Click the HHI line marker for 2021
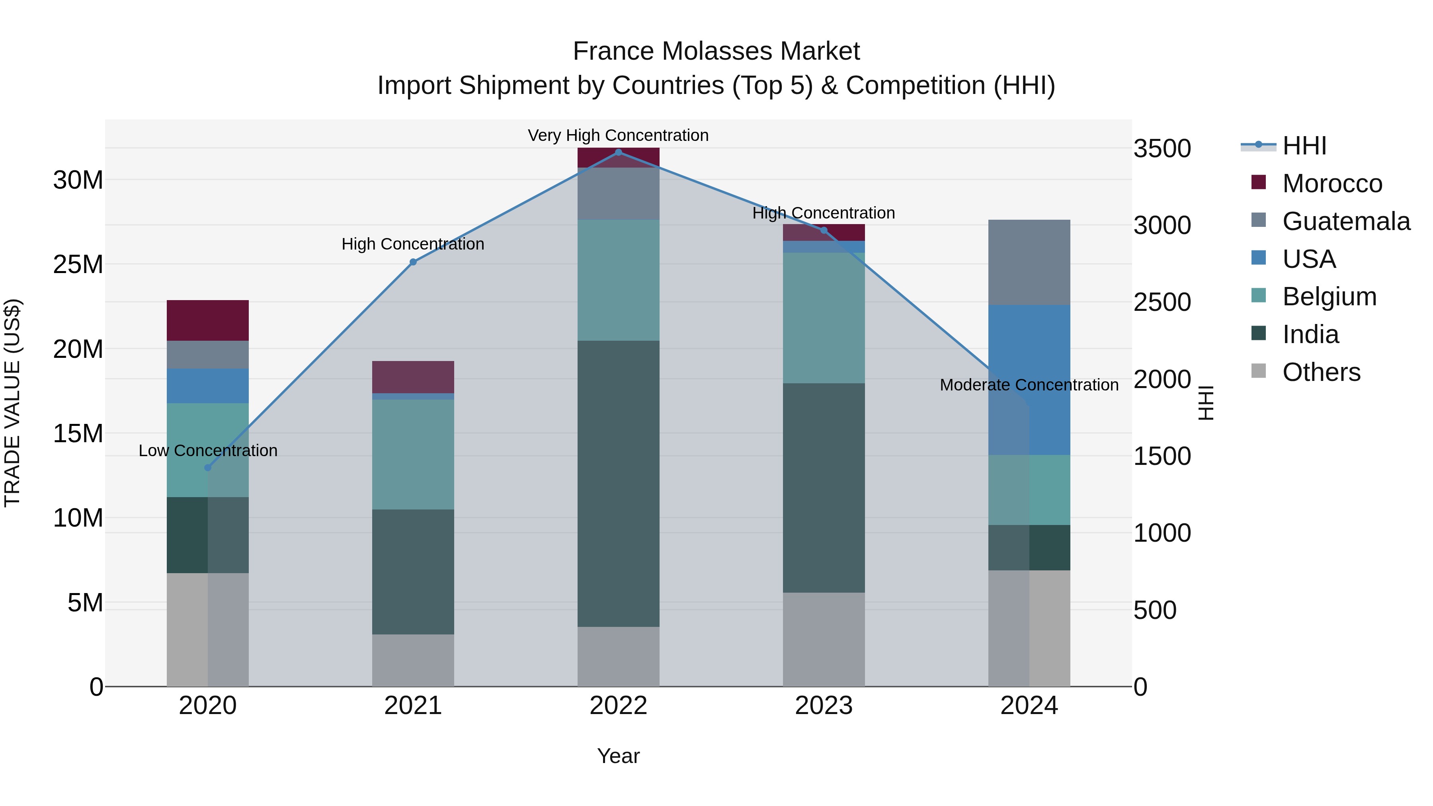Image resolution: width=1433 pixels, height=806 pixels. tap(413, 262)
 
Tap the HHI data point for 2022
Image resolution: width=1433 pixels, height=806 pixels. tap(618, 152)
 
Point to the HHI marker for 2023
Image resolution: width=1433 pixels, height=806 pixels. tap(824, 230)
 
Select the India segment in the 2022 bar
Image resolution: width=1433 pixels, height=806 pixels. tap(618, 484)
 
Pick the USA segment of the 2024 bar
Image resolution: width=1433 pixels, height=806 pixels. tap(1029, 380)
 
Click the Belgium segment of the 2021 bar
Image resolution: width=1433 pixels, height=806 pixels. tap(413, 455)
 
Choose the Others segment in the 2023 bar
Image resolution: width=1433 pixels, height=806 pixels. tap(824, 640)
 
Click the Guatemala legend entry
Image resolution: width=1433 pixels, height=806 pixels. tap(1346, 221)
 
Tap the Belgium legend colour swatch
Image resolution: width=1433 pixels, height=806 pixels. tap(1258, 295)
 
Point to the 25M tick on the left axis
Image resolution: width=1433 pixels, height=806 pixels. tap(78, 265)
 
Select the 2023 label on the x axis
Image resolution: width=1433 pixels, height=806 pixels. tap(824, 706)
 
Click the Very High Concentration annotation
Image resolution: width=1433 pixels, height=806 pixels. tap(618, 135)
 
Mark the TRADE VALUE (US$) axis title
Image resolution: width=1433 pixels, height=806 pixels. tap(12, 403)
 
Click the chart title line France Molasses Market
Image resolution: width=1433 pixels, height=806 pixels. tap(716, 51)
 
